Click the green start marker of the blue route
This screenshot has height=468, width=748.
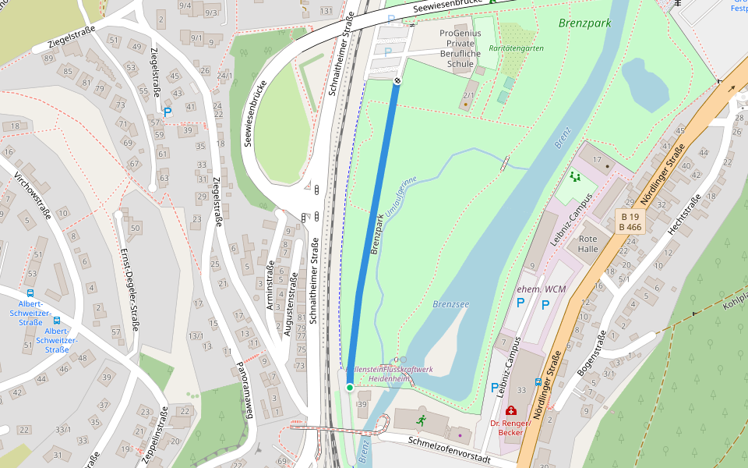point(350,387)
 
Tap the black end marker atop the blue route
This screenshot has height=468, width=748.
point(397,80)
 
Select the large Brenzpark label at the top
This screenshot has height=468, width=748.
point(584,23)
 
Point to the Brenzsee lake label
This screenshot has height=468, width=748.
point(450,304)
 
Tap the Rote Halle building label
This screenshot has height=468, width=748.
point(588,243)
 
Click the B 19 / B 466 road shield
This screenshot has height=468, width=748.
point(630,222)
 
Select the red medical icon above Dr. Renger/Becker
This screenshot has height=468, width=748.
point(511,410)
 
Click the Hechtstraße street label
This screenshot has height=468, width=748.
point(686,214)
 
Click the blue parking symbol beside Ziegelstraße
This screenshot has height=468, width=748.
point(167,112)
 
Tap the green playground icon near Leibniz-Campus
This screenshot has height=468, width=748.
point(575,177)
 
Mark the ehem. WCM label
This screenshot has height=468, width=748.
point(542,289)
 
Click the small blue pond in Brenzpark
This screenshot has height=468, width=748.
point(644,84)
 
